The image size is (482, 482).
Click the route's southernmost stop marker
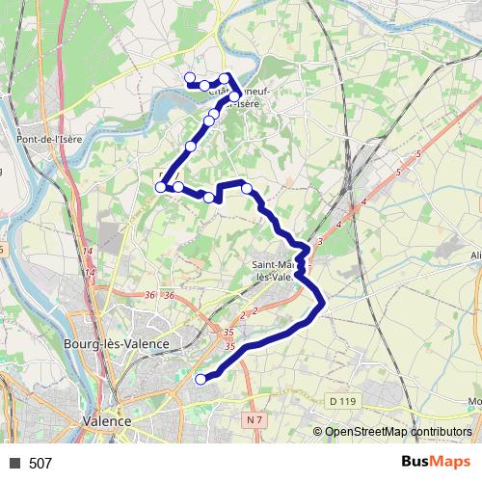[x=201, y=379]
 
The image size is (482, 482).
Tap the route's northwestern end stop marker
[x=190, y=78]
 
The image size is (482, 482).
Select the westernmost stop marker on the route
[x=161, y=187]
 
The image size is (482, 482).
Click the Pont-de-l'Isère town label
[x=50, y=139]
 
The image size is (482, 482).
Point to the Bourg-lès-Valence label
[x=129, y=344]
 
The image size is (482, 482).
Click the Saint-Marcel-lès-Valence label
[x=272, y=270]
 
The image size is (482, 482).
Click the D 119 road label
[x=342, y=399]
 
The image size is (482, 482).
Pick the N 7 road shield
[x=254, y=420]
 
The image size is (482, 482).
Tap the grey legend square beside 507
[x=14, y=463]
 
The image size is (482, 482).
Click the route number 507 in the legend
[x=40, y=463]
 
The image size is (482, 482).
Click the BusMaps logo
[x=437, y=462]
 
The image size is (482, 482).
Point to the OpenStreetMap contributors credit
[x=398, y=432]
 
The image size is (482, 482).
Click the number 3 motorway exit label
[x=318, y=240]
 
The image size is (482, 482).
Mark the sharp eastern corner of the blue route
[x=326, y=305]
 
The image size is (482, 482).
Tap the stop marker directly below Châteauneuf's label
[x=234, y=96]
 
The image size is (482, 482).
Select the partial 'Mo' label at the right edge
[x=473, y=401]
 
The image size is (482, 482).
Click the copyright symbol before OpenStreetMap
[x=318, y=432]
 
